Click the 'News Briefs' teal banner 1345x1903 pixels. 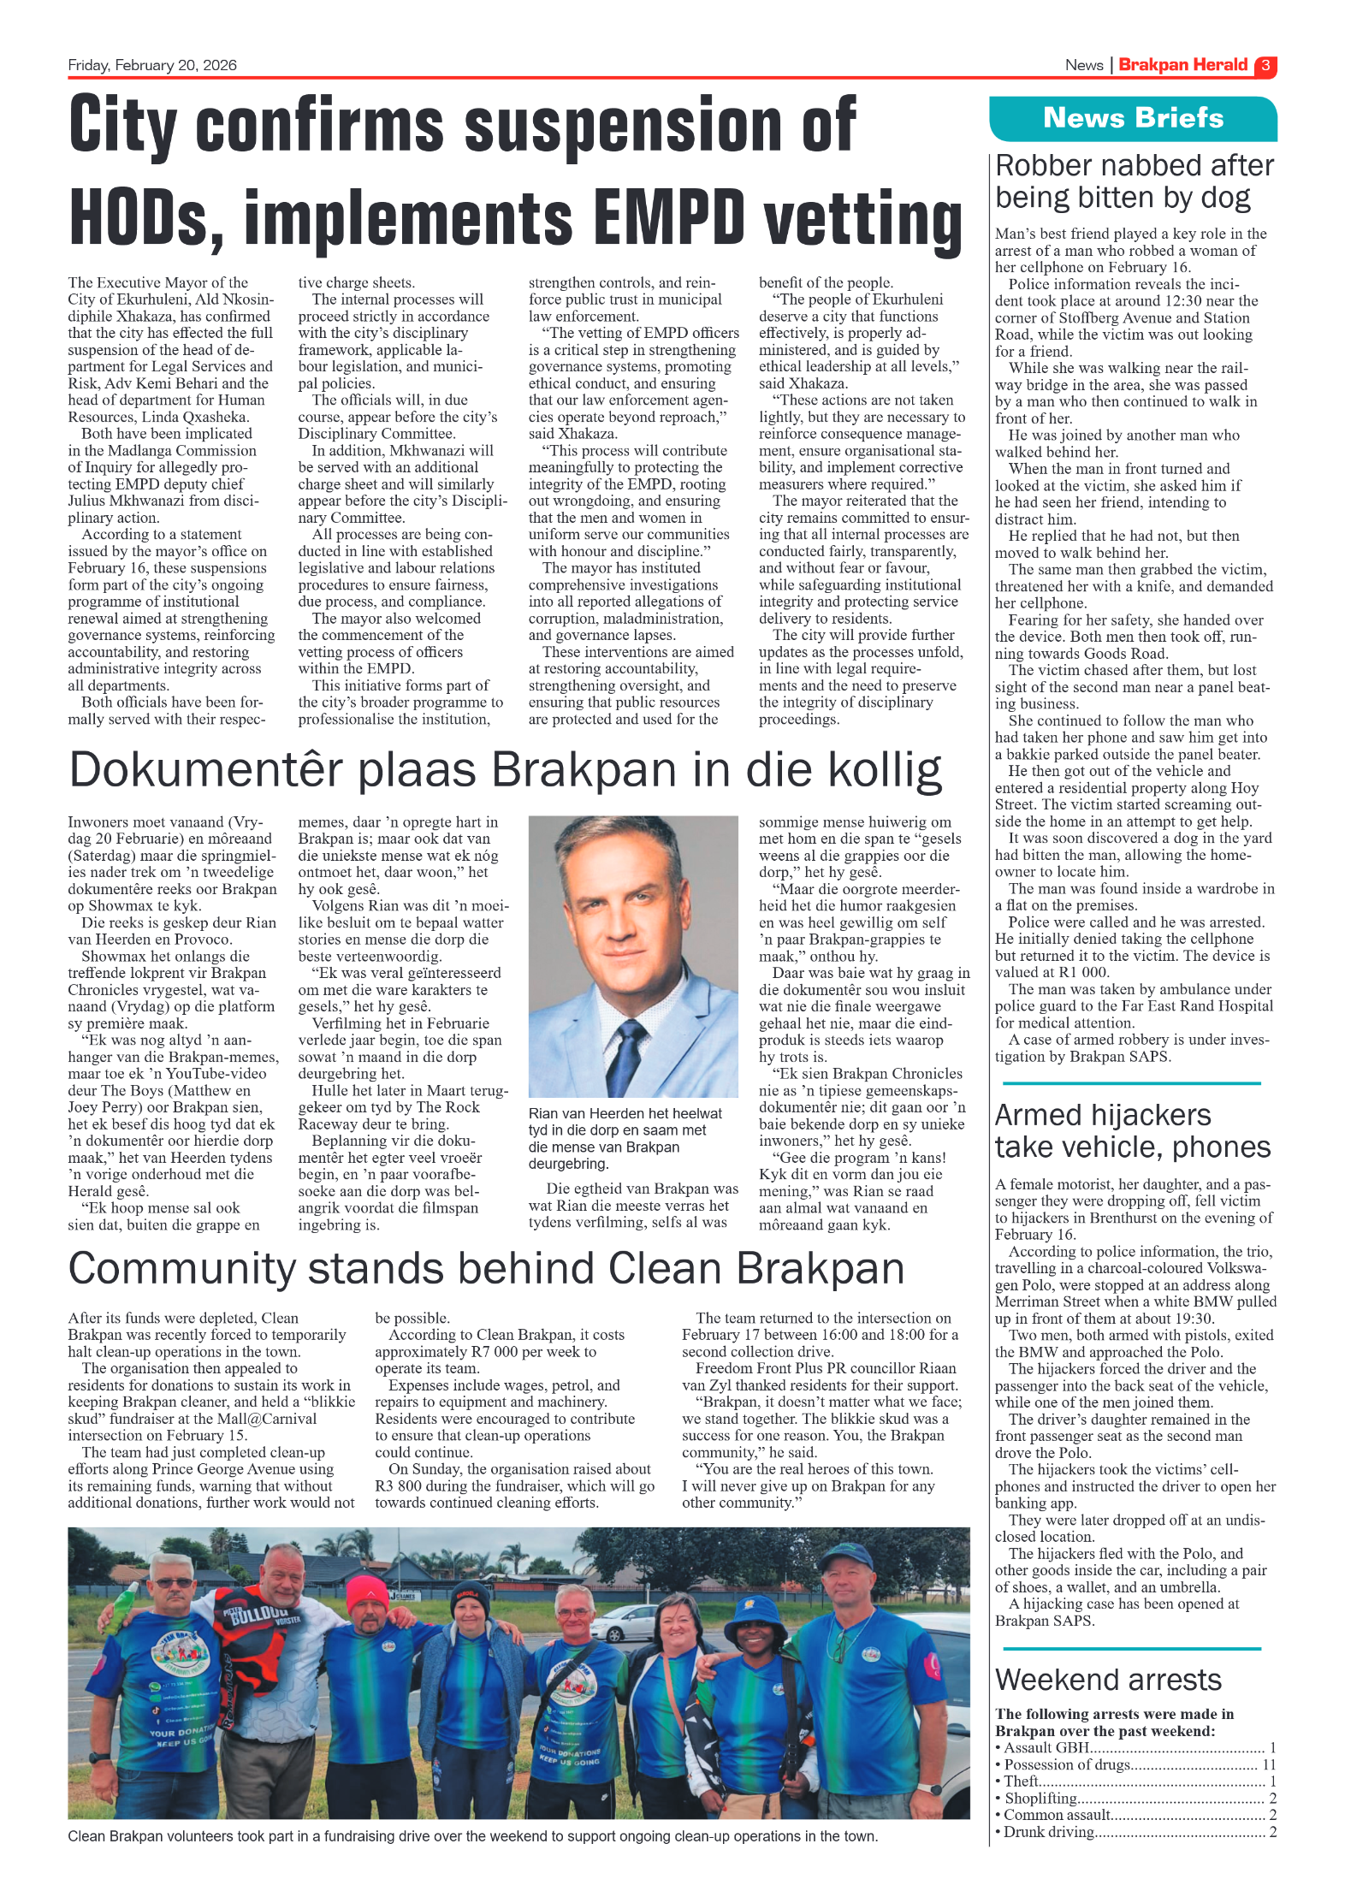[1132, 118]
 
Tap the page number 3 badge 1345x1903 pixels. [1265, 66]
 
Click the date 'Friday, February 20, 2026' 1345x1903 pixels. [152, 65]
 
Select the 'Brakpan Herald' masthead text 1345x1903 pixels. [1182, 65]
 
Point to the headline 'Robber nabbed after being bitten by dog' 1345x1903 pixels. [1134, 181]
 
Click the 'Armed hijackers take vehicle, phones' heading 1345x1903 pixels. [1132, 1131]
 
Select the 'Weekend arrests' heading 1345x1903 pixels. [1108, 1680]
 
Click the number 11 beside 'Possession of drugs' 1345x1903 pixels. [1269, 1764]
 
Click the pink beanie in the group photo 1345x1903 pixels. [366, 1592]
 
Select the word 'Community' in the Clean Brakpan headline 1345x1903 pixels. [181, 1268]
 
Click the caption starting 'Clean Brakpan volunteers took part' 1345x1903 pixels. [472, 1836]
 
